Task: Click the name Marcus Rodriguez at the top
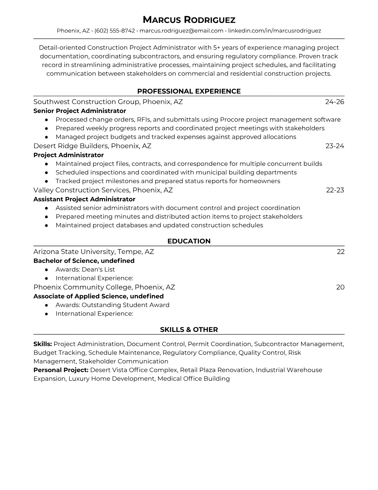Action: (x=189, y=20)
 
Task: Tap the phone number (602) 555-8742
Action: (x=115, y=31)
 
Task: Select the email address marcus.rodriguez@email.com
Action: (x=181, y=31)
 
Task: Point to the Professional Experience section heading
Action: (x=189, y=91)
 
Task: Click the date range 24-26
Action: (x=334, y=102)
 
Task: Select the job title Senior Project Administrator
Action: (x=80, y=111)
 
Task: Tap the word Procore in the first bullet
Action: (x=232, y=119)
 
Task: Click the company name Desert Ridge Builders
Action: (x=71, y=146)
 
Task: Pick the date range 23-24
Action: (x=334, y=146)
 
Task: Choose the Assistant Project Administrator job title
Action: (x=84, y=199)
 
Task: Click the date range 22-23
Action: (x=335, y=190)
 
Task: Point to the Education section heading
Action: (x=189, y=241)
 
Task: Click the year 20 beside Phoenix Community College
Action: (x=340, y=287)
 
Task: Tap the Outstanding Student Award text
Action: (x=125, y=305)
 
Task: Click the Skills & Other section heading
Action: (x=189, y=330)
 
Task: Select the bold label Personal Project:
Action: (x=61, y=370)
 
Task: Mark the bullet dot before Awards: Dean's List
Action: (x=46, y=270)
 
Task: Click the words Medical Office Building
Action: (x=193, y=379)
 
